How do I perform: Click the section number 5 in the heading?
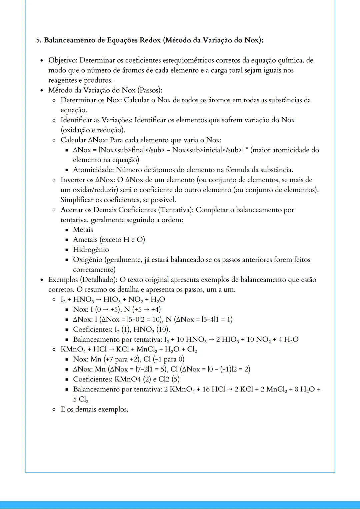click(x=38, y=40)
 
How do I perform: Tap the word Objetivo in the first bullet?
click(x=63, y=60)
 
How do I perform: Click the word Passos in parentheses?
click(x=148, y=90)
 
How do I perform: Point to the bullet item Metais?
click(x=83, y=230)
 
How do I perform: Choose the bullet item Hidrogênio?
click(x=91, y=250)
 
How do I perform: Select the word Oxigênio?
click(x=87, y=260)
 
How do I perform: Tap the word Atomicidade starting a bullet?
click(x=93, y=170)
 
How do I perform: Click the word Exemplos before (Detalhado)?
click(x=63, y=280)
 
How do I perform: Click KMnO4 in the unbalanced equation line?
click(x=73, y=349)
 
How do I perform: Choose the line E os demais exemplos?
click(x=94, y=409)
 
